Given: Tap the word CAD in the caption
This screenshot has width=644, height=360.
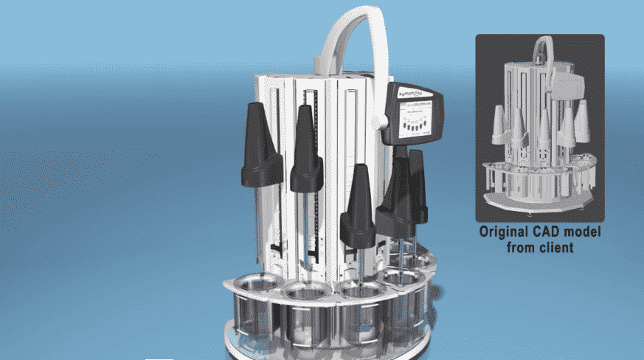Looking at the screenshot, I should click(554, 232).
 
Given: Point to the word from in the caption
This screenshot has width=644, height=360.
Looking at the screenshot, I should click(522, 247).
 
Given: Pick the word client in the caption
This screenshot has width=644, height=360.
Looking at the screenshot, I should click(557, 247).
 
